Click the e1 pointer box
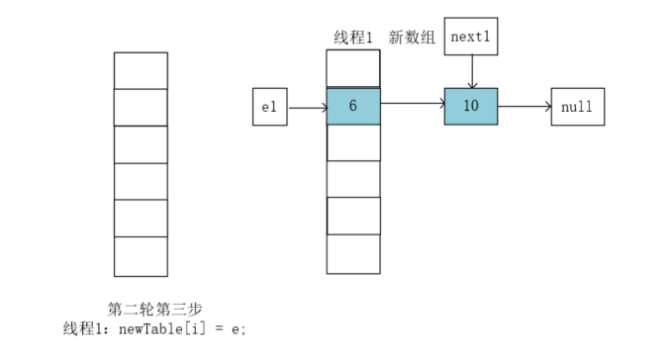coord(270,107)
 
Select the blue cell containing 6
coord(353,107)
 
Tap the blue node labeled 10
coord(471,107)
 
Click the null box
coord(577,107)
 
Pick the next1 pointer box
coord(471,37)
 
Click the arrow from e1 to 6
coord(307,107)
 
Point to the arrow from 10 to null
coord(525,107)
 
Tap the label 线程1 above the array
coord(353,38)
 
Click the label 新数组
coord(412,38)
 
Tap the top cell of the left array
coord(141,70)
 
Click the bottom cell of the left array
coord(141,256)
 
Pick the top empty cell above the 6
coord(353,68)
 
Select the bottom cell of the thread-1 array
coord(353,254)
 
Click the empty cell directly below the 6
coord(353,142)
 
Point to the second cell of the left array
coord(141,107)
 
